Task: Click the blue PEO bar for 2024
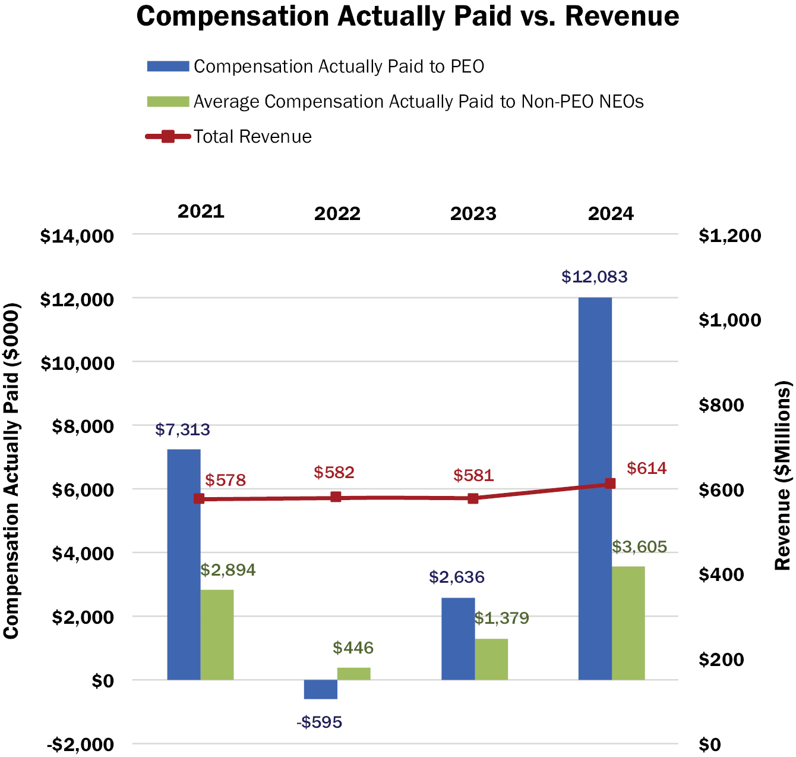coord(595,488)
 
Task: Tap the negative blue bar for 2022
coord(320,689)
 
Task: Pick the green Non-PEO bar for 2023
coord(491,659)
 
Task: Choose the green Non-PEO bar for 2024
coord(628,623)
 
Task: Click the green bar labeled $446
coord(353,673)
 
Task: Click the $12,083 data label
coord(594,277)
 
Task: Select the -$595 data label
coord(320,723)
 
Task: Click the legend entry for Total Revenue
coord(252,137)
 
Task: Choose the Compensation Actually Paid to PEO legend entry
coord(339,67)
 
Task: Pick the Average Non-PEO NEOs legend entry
coord(418,102)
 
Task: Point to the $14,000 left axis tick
coord(77,236)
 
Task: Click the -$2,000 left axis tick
coord(81,745)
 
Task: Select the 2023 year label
coord(473,213)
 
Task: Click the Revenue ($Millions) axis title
coord(783,476)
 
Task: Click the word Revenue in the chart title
coord(622,17)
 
